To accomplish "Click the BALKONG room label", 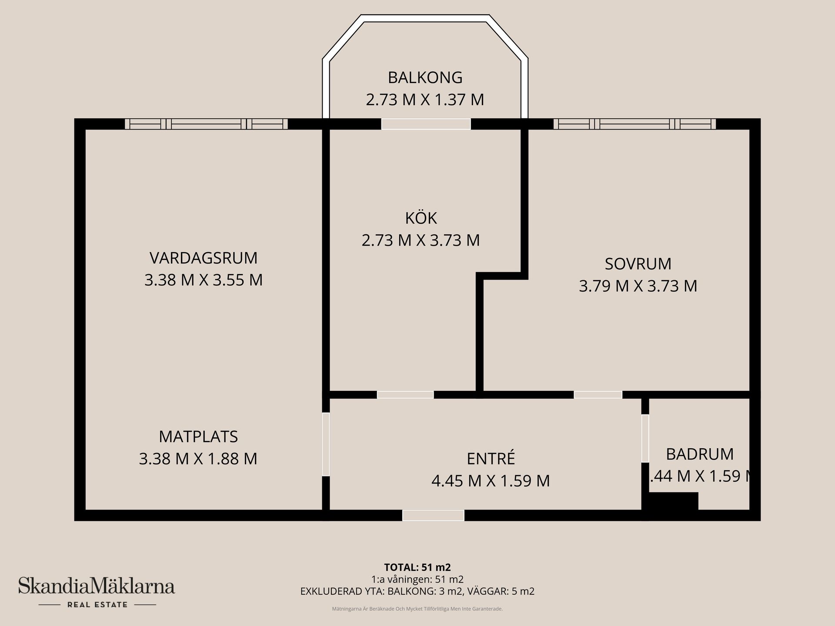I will pyautogui.click(x=425, y=77).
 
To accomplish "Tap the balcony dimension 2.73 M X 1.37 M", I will pyautogui.click(x=425, y=100).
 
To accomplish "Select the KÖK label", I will pyautogui.click(x=421, y=218).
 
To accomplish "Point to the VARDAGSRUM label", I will pyautogui.click(x=204, y=258).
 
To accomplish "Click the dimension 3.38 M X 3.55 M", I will pyautogui.click(x=204, y=280).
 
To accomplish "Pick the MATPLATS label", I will pyautogui.click(x=198, y=436).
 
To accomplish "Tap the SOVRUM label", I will pyautogui.click(x=638, y=264).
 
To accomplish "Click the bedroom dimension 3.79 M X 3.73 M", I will pyautogui.click(x=638, y=286).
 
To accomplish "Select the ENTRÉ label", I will pyautogui.click(x=491, y=459).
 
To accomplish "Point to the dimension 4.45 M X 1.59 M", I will pyautogui.click(x=491, y=481).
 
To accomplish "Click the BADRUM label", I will pyautogui.click(x=700, y=454).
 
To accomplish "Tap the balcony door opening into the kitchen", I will pyautogui.click(x=426, y=124).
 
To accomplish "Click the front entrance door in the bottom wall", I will pyautogui.click(x=433, y=515).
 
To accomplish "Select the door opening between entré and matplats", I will pyautogui.click(x=326, y=444).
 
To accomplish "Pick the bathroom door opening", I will pyautogui.click(x=645, y=438).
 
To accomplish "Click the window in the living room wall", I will pyautogui.click(x=206, y=124).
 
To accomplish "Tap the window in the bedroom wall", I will pyautogui.click(x=635, y=124).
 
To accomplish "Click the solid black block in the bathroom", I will pyautogui.click(x=673, y=501).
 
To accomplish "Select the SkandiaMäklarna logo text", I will pyautogui.click(x=96, y=586).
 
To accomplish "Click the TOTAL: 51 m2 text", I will pyautogui.click(x=417, y=567).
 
